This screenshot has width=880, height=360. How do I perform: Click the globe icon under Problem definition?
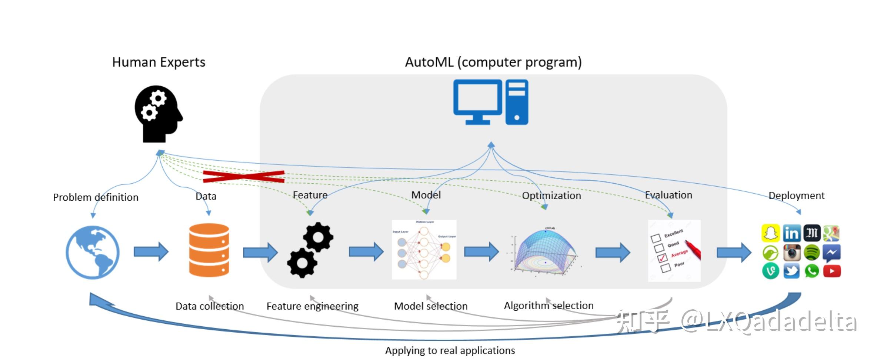click(x=93, y=252)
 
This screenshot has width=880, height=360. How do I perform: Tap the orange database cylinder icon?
click(x=209, y=250)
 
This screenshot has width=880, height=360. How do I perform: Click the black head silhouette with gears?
click(x=158, y=114)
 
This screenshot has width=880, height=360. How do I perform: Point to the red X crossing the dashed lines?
click(x=244, y=177)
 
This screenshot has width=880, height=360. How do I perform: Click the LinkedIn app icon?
click(x=791, y=233)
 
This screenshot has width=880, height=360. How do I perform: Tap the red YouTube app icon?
click(x=832, y=271)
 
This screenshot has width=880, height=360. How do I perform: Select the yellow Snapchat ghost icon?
click(x=771, y=233)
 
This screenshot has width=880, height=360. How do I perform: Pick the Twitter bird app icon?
click(x=791, y=271)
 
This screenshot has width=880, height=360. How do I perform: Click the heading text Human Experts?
click(x=159, y=62)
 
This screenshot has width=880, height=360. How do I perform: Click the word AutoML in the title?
click(x=429, y=62)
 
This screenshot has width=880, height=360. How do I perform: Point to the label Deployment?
click(x=796, y=196)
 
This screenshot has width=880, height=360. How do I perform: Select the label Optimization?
click(x=551, y=196)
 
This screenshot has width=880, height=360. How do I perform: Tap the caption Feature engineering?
click(x=312, y=306)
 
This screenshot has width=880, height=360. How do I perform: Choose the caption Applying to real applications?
click(x=450, y=350)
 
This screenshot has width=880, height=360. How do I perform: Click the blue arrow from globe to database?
click(x=151, y=252)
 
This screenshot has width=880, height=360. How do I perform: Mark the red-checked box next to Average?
click(x=662, y=258)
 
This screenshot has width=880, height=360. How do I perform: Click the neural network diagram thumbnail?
click(x=424, y=250)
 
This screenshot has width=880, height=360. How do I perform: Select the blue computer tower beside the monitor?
click(x=517, y=102)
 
